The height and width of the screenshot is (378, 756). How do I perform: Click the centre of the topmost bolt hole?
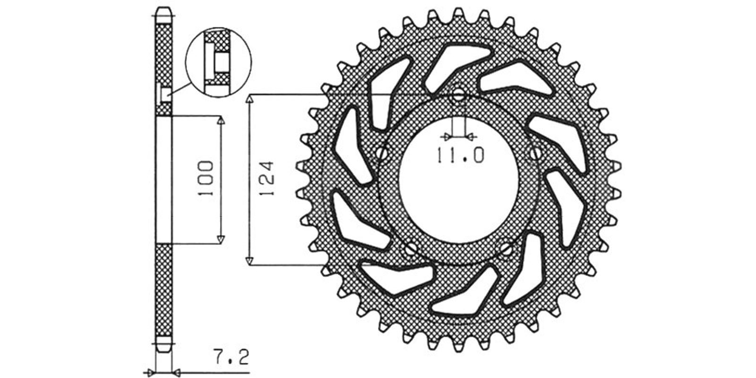[x=458, y=94]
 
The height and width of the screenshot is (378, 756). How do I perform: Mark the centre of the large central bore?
[x=458, y=180]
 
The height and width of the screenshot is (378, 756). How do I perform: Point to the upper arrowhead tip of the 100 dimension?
[x=221, y=117]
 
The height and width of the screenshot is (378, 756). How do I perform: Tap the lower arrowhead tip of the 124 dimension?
[x=249, y=265]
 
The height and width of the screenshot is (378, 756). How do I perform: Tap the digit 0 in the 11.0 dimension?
[x=477, y=155]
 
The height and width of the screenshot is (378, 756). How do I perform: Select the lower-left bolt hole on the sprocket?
[x=411, y=249]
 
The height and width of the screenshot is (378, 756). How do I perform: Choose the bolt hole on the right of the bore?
[x=535, y=154]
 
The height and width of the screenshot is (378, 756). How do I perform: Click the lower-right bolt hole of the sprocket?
[x=506, y=249]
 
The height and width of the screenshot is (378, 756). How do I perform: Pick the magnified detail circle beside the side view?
[x=219, y=62]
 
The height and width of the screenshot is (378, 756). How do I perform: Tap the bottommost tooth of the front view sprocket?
[x=458, y=348]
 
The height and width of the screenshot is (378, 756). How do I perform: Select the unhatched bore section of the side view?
[x=164, y=180]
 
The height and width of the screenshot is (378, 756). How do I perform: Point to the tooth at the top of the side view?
[x=163, y=16]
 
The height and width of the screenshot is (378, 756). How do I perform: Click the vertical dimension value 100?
[x=206, y=178]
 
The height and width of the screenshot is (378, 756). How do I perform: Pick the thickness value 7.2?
[x=231, y=357]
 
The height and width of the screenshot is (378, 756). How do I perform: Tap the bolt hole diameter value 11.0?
[x=461, y=155]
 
